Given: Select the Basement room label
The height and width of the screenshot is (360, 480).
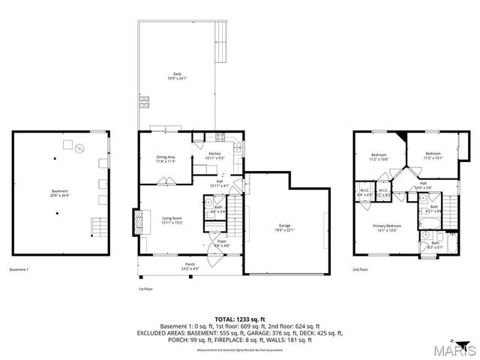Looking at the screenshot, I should (59, 193).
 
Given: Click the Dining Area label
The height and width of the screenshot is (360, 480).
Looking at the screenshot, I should (166, 158).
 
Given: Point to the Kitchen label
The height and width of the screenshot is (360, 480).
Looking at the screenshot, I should (214, 156).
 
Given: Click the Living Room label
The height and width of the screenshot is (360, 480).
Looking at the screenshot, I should (173, 220).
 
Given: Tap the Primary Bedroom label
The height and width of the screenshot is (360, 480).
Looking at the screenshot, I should (388, 227).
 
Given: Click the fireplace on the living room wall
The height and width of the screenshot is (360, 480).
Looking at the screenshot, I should (138, 221).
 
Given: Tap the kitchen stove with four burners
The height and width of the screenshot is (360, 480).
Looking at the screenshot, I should (220, 136).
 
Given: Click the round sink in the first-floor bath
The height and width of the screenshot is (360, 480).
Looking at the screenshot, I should (208, 202).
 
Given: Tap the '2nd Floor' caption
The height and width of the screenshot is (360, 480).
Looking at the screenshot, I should (360, 269).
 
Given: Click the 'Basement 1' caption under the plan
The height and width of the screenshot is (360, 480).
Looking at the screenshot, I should (19, 269).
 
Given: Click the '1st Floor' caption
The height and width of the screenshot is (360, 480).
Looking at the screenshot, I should (145, 288).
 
